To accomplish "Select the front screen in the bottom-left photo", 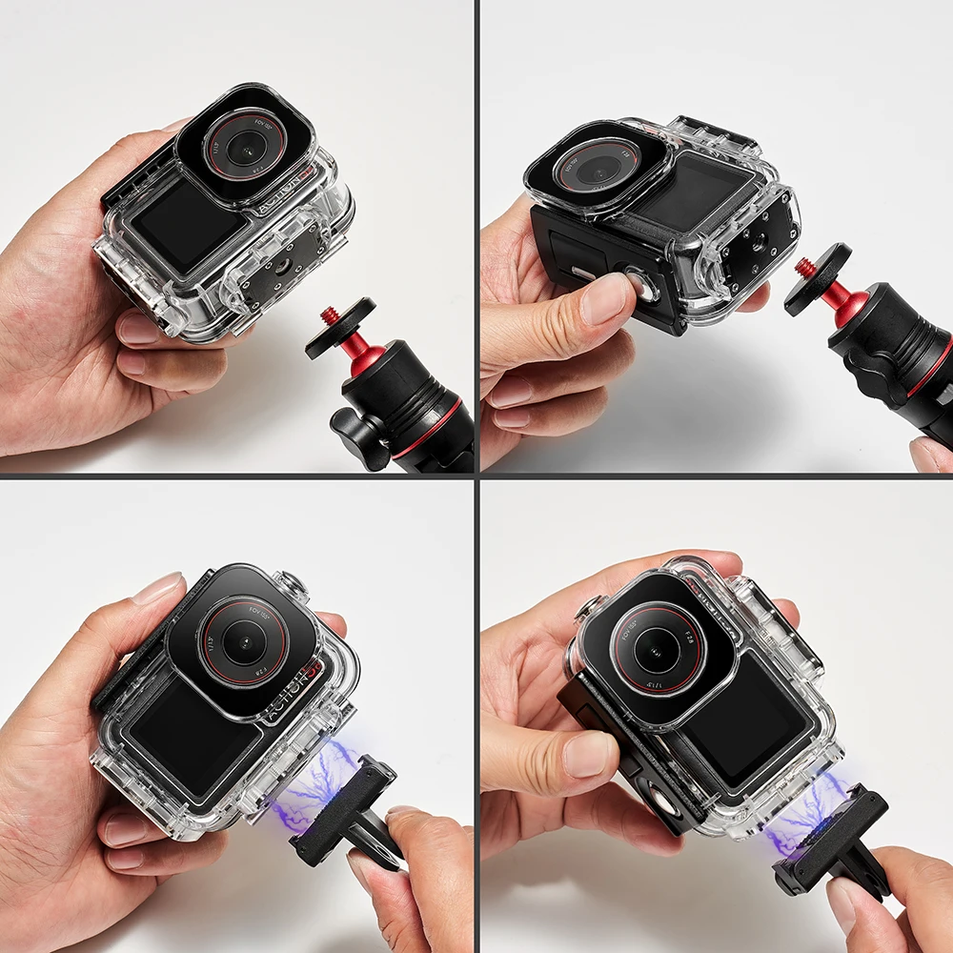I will pos(186,738).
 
